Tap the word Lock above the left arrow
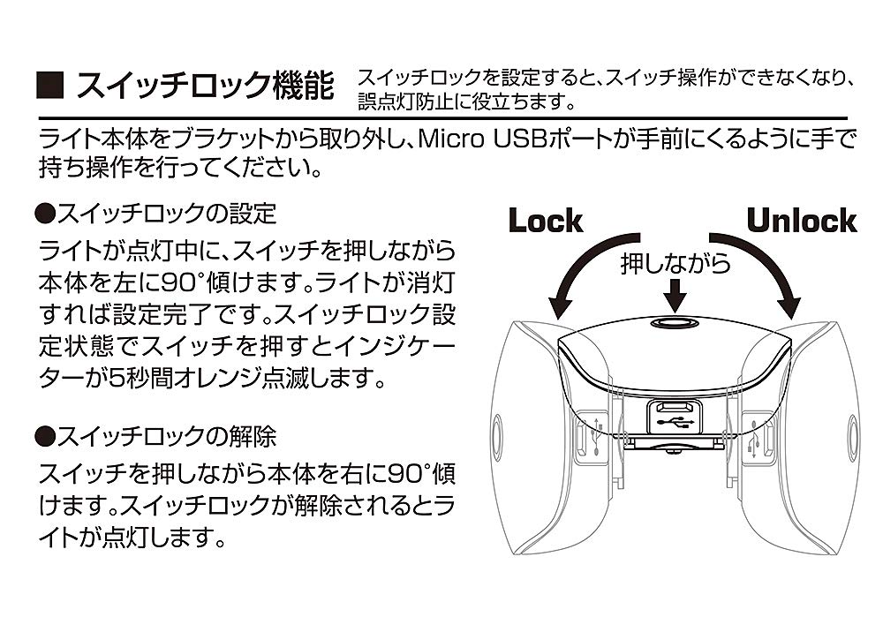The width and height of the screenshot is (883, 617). pyautogui.click(x=546, y=221)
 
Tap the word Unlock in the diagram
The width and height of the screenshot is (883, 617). pyautogui.click(x=802, y=221)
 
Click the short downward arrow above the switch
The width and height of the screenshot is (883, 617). pyautogui.click(x=675, y=292)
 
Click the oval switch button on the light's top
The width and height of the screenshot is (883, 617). pyautogui.click(x=675, y=324)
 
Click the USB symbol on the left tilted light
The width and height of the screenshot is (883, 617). pyautogui.click(x=598, y=433)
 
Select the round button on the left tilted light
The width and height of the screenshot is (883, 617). pyautogui.click(x=497, y=433)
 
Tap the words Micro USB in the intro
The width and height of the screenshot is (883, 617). pyautogui.click(x=478, y=139)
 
